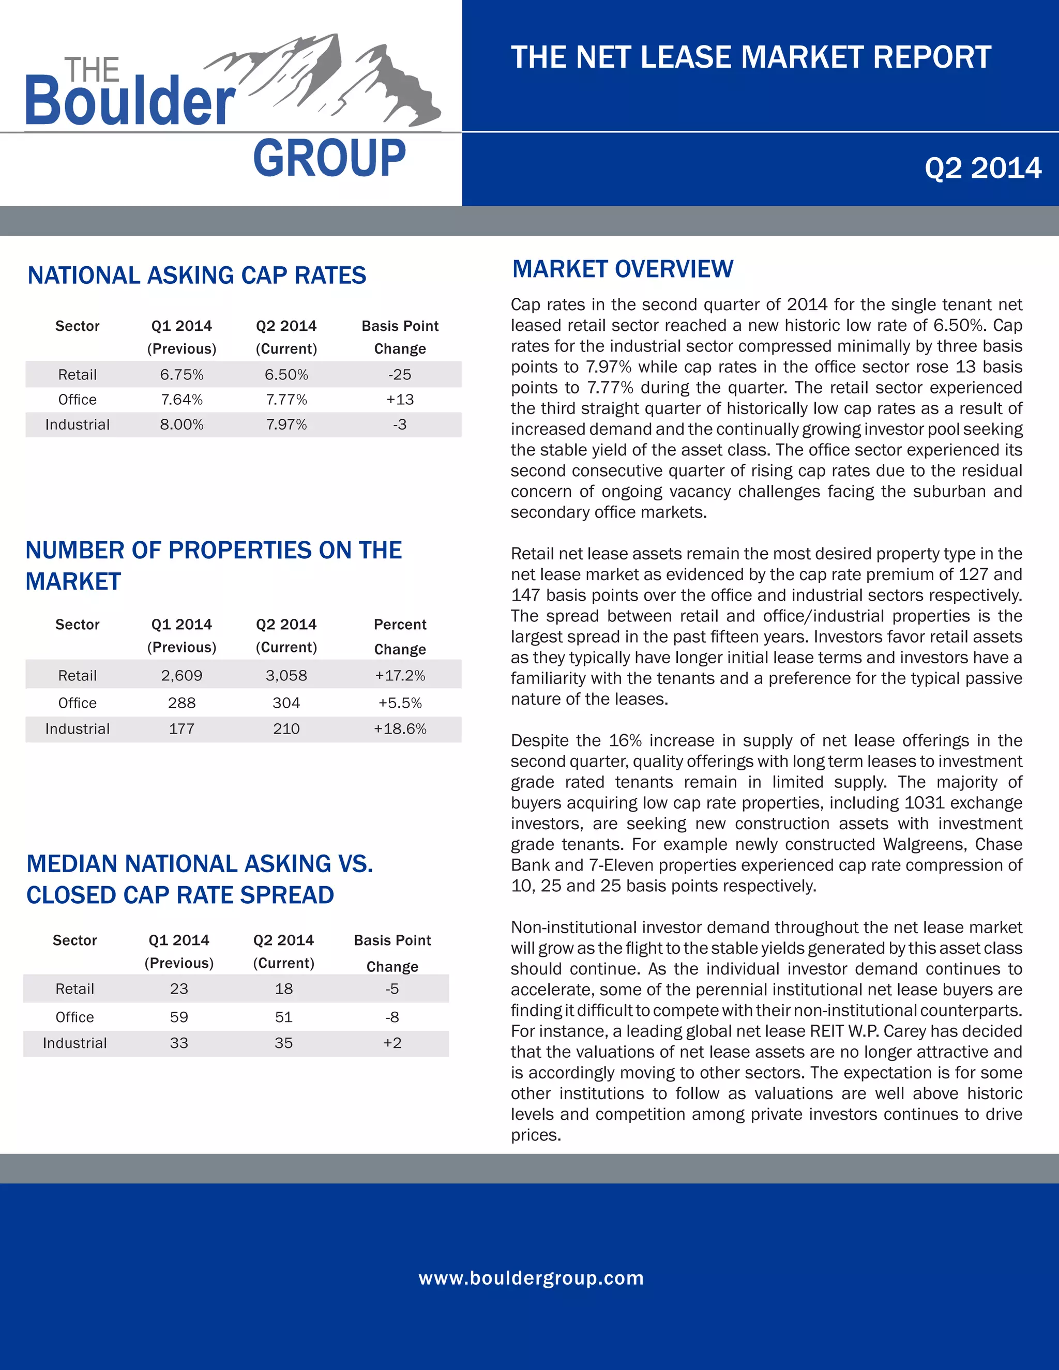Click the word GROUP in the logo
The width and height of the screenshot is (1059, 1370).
tap(329, 158)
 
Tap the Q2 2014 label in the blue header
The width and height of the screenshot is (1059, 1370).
tap(982, 168)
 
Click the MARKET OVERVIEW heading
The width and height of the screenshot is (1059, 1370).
tap(623, 269)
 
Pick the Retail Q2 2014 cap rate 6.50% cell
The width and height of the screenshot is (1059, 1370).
tap(286, 374)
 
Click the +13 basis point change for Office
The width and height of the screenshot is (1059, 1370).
tap(400, 400)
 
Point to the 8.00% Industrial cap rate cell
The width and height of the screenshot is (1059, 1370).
tap(181, 424)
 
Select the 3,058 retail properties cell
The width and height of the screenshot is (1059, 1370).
tap(286, 676)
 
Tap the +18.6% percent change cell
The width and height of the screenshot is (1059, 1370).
tap(400, 729)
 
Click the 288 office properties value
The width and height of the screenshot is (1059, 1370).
tap(181, 703)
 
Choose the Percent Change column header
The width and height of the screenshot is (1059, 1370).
tap(400, 637)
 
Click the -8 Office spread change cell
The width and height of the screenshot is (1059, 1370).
tap(392, 1017)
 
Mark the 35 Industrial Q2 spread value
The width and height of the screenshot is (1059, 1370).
tap(283, 1043)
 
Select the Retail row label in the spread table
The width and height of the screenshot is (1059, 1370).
tap(74, 989)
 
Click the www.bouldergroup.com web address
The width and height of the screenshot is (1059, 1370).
tap(531, 1278)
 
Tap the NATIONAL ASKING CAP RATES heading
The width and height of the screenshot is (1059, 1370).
tap(196, 276)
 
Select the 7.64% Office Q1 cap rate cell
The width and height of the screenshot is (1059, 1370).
tap(181, 400)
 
